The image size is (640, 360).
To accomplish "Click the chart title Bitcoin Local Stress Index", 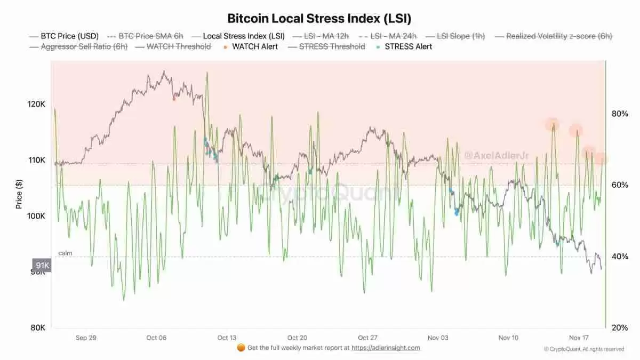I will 319,18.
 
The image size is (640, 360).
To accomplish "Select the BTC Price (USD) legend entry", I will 70,36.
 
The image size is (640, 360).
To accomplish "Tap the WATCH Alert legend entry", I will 254,46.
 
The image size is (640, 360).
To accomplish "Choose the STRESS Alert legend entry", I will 408,46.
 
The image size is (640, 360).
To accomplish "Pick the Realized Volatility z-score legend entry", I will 559,36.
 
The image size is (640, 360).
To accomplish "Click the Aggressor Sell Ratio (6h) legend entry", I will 84,46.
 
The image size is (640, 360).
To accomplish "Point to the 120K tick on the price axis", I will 37,104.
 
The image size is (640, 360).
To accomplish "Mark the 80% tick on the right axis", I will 619,114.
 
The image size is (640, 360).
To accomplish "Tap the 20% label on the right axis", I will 619,327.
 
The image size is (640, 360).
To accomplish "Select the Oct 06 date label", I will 156,338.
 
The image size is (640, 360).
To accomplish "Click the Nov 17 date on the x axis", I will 579,338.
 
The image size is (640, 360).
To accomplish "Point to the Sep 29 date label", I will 86,338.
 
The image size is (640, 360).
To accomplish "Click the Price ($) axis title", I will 19,194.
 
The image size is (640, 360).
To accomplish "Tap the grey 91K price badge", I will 42,265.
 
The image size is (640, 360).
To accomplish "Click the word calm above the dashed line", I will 65,253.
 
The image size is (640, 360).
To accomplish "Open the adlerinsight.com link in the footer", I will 386,348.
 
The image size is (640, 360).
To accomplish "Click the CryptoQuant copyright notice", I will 583,349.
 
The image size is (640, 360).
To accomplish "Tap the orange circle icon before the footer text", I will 241,348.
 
